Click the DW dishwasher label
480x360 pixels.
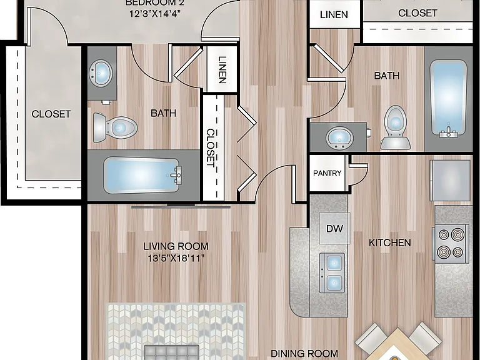[x=334, y=228]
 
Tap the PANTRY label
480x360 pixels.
[x=327, y=173]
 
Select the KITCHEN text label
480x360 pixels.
[x=390, y=242]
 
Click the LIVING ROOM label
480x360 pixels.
[x=176, y=246]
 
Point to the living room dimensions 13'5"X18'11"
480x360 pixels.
[x=176, y=259]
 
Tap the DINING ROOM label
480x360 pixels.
[x=304, y=354]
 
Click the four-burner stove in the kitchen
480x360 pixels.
[x=451, y=244]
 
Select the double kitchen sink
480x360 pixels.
[x=332, y=272]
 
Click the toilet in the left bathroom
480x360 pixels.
[x=115, y=127]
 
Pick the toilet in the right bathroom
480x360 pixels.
[x=395, y=128]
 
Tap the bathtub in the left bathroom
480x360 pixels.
[x=142, y=176]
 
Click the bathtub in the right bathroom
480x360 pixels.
[x=449, y=98]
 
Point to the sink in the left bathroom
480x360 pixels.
[x=101, y=74]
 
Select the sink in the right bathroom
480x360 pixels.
[x=339, y=137]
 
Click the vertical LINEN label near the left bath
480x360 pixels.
[x=222, y=69]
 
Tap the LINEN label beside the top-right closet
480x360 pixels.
[x=334, y=15]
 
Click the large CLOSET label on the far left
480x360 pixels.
[x=51, y=114]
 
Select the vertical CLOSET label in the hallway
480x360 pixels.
[x=211, y=147]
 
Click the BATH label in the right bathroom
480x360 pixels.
[x=387, y=76]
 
